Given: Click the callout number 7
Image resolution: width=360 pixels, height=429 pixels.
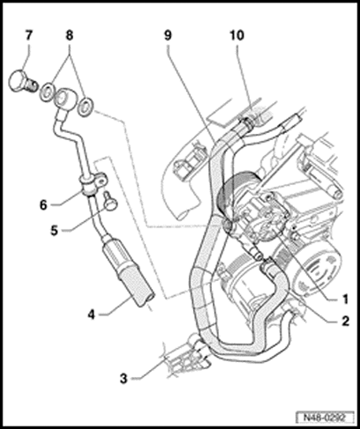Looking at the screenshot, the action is click(28, 35).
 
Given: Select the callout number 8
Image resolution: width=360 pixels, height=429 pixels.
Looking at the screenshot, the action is click(69, 35).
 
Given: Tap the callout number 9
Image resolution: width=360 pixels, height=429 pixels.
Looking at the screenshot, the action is click(168, 35).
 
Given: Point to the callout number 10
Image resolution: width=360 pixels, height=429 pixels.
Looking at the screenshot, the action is click(237, 35).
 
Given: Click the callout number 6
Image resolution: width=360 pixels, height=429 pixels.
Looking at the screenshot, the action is click(43, 205).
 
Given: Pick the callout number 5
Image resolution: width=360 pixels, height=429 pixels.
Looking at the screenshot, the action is click(54, 231).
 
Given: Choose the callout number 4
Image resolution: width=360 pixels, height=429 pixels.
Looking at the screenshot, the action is click(91, 314).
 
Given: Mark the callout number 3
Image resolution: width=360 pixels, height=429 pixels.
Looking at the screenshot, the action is click(124, 379).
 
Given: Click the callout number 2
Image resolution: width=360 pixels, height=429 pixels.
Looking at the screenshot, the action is click(346, 320).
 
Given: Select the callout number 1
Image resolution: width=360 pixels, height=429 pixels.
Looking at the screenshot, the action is click(346, 299).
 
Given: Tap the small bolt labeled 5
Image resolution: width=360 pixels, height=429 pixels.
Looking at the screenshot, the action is click(110, 201).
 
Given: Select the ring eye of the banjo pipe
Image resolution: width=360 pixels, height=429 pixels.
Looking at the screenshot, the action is click(65, 98).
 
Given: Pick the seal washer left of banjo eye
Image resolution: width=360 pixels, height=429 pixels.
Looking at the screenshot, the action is click(47, 91).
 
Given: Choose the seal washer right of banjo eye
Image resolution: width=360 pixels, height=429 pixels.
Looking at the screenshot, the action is click(86, 107).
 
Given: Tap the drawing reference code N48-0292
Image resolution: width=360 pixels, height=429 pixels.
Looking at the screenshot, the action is click(325, 418).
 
